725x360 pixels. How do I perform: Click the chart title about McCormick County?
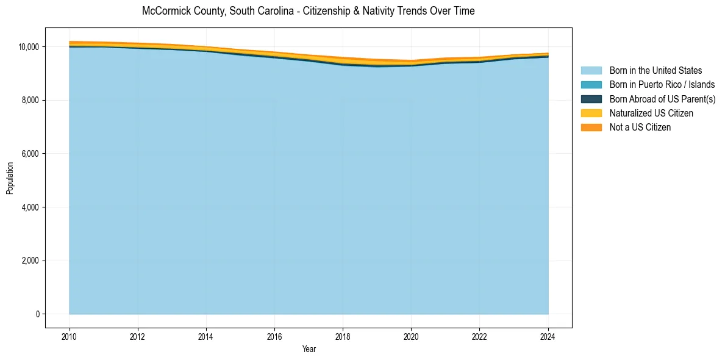308,11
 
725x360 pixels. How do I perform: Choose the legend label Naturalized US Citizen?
651,113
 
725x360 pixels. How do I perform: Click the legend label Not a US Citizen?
640,127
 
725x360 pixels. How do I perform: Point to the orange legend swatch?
591,127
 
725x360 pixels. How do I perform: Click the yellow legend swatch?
591,113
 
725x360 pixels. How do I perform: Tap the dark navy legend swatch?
591,99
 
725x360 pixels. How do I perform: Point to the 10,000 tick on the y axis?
29,47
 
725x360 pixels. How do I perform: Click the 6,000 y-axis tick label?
30,154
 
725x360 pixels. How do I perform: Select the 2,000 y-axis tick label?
30,261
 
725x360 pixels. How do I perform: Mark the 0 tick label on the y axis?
37,314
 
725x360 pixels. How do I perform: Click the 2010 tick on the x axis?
70,334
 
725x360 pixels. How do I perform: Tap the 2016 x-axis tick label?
274,334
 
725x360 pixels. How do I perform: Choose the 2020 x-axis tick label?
411,334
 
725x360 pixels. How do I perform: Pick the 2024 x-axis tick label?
548,334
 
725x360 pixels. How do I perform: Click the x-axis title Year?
309,349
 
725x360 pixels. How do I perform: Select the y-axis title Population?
10,178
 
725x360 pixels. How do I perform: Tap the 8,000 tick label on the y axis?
30,100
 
